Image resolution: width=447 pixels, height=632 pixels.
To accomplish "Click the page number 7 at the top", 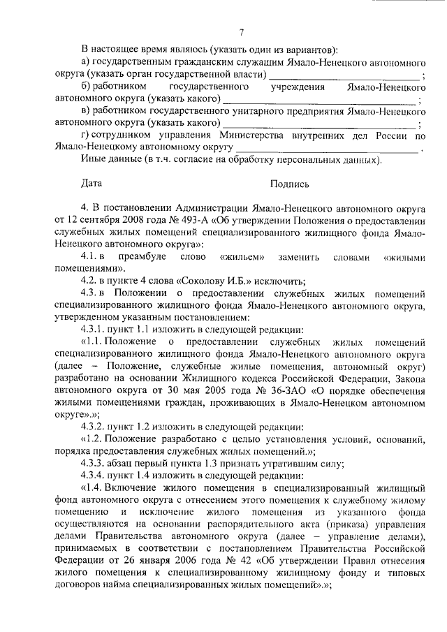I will click(x=241, y=31).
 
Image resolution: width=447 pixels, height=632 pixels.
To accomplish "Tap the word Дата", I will click(x=91, y=184).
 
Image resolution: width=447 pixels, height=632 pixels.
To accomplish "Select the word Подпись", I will click(x=290, y=184).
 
